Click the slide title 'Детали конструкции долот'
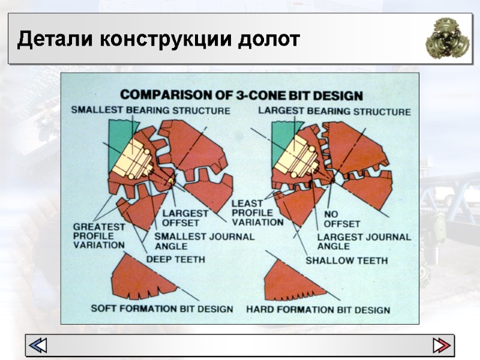158,40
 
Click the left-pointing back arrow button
38,345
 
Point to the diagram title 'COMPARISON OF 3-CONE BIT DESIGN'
242,95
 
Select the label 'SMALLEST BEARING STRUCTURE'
150,110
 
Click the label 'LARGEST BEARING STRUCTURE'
334,112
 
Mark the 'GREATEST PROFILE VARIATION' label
99,236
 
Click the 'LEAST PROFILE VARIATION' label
257,212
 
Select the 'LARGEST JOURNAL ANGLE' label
364,241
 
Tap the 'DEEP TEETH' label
176,259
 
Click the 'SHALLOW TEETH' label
346,260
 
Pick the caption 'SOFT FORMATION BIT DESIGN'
161,308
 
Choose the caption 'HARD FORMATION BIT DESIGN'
318,310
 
